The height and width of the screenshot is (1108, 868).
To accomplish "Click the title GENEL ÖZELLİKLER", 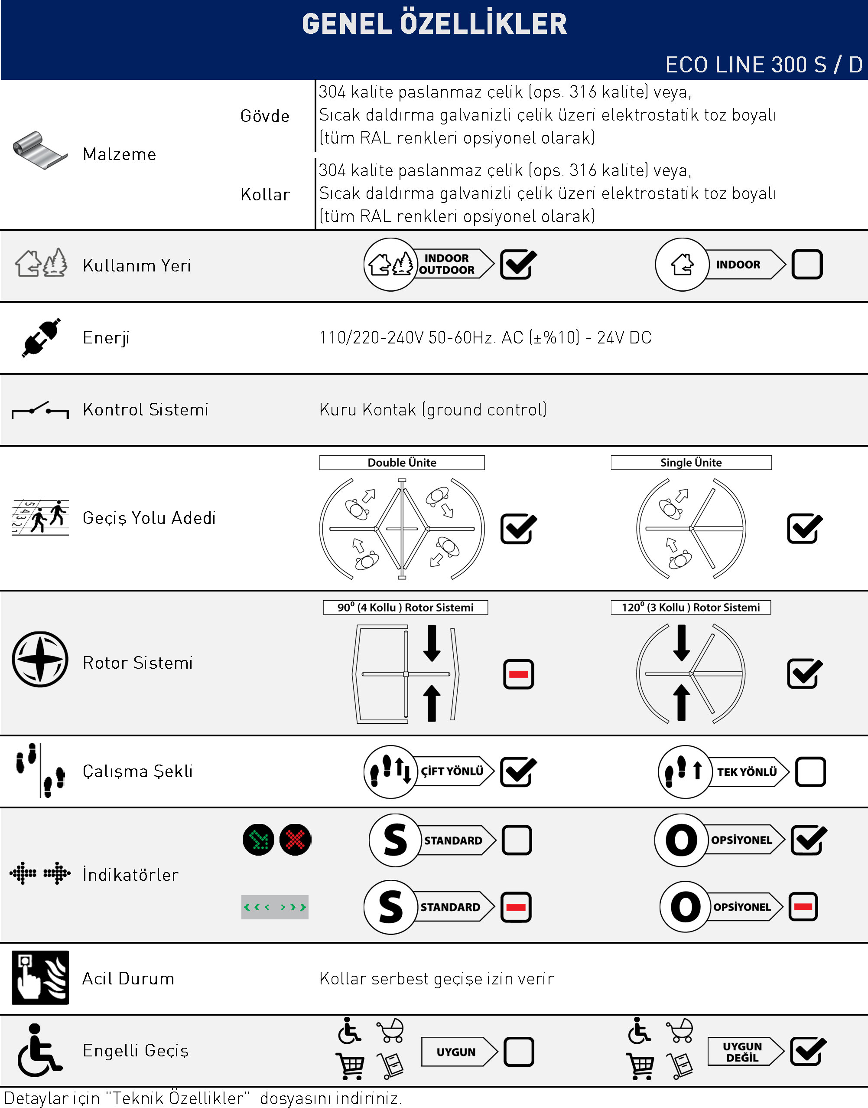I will pos(434,24).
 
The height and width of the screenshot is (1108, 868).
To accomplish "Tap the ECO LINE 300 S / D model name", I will pos(763,65).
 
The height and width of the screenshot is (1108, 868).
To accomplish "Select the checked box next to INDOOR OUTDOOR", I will pos(517,265).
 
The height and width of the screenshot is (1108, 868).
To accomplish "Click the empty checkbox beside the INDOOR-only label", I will pos(806,265).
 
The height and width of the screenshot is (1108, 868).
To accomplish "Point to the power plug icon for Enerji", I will pos(41,338).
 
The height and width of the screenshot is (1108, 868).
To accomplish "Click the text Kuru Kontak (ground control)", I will pos(433,409).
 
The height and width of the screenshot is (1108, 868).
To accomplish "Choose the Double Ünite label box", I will pos(401,463).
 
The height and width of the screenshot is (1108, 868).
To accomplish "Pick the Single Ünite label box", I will pos(691,463).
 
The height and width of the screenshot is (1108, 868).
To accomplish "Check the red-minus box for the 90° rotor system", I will pos(518,674).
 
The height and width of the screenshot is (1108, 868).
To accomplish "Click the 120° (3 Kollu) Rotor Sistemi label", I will pos(691,608).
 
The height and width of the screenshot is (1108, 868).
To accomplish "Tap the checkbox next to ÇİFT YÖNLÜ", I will pos(517,772).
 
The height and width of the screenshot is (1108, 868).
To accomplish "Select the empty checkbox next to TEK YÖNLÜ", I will pos(810,772).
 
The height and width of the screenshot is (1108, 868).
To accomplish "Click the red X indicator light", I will pos(295,840).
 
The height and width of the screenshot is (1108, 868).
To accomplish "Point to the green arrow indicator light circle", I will pos(259,840).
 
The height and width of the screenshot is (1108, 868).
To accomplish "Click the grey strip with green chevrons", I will pos(275,907).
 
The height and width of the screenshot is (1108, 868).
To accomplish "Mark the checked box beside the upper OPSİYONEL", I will pos(808,840).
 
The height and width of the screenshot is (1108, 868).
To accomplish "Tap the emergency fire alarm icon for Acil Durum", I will pos(40,978).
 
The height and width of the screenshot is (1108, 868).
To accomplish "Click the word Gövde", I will pos(265,117).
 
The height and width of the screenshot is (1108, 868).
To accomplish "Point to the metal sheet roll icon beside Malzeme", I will pos(39,150).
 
